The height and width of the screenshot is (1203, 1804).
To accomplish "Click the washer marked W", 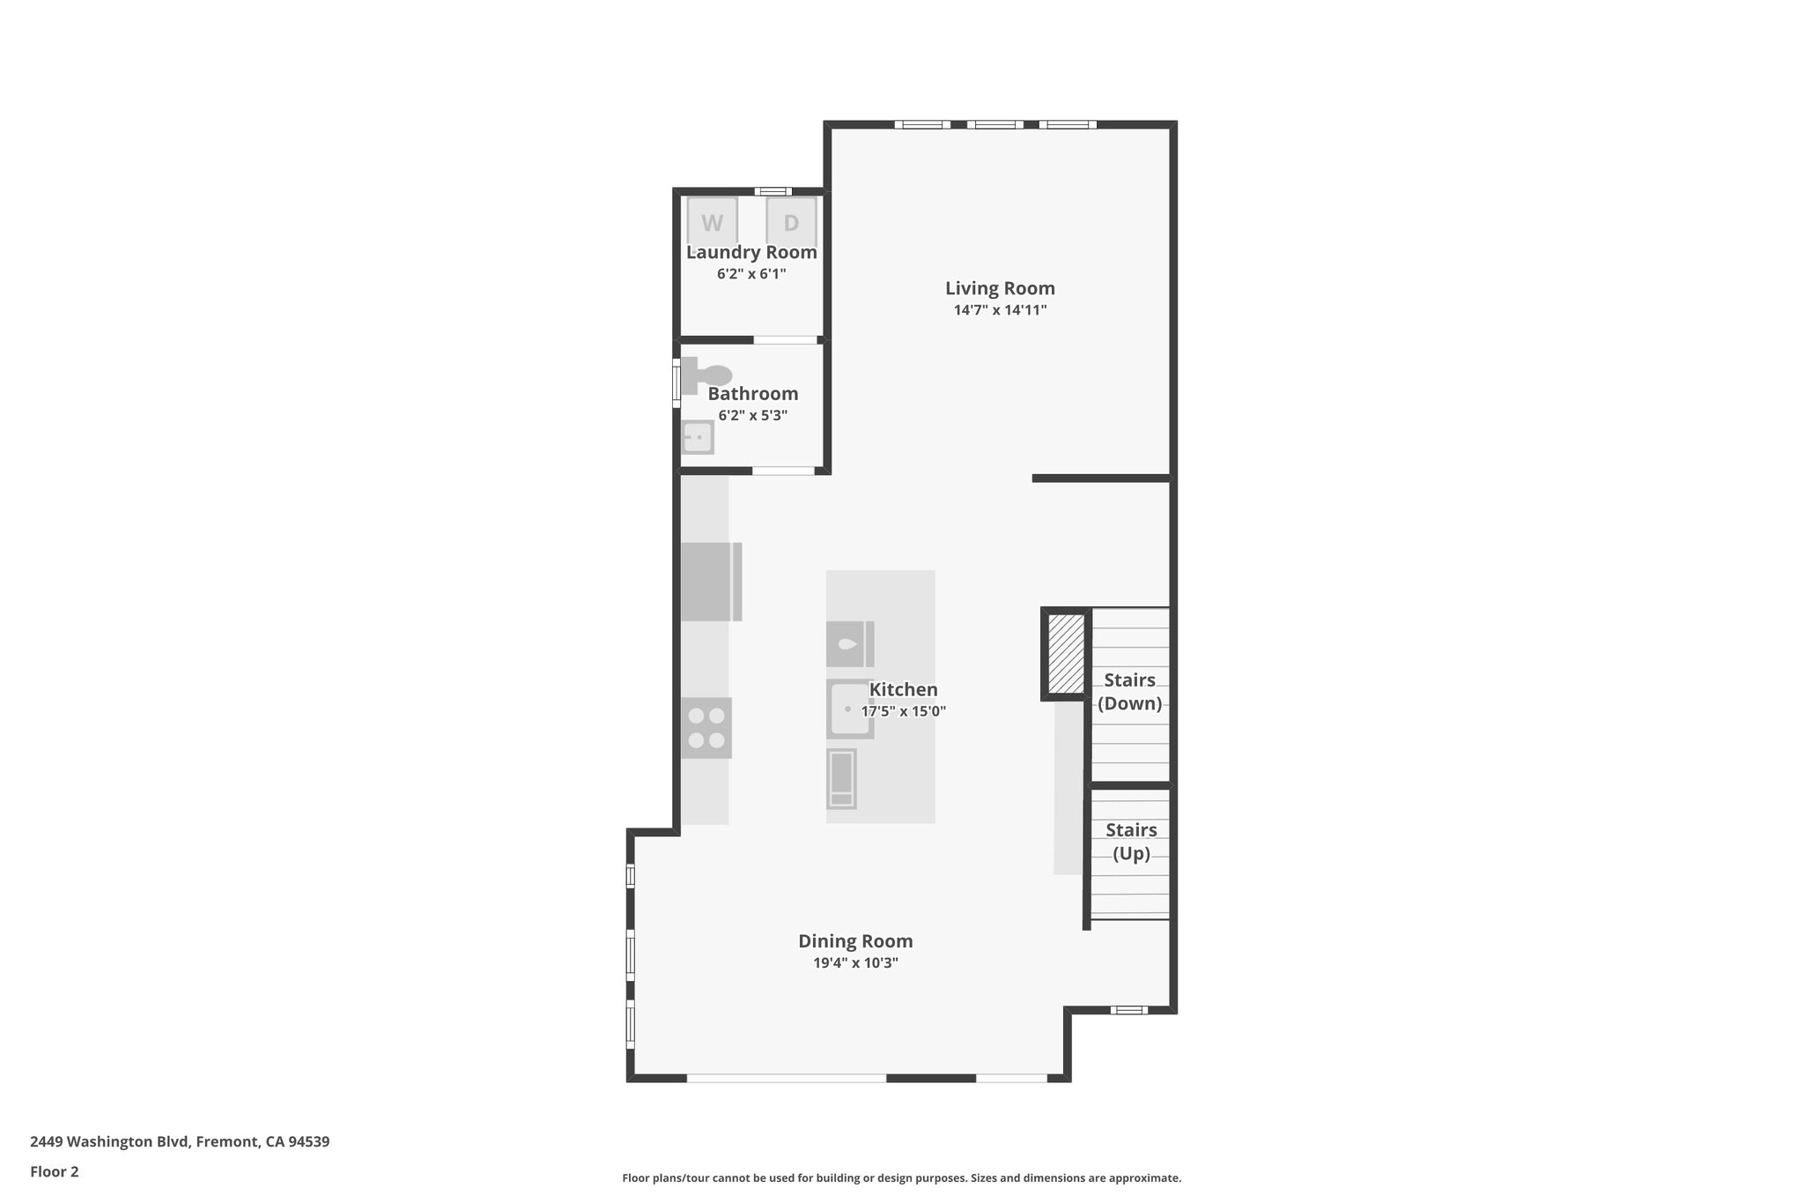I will pyautogui.click(x=712, y=221).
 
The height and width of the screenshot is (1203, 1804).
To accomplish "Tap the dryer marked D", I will pyautogui.click(x=791, y=221).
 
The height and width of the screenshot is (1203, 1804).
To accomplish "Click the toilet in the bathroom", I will pyautogui.click(x=706, y=375).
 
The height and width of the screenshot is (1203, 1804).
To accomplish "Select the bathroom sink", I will pyautogui.click(x=698, y=437).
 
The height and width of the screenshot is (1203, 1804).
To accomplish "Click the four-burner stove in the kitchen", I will pyautogui.click(x=706, y=728).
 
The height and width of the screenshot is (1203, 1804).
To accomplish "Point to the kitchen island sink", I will pyautogui.click(x=849, y=709).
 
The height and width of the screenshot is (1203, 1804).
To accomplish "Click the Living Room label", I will pyautogui.click(x=1000, y=288).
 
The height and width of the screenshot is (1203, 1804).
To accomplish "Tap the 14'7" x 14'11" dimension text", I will pyautogui.click(x=1000, y=310).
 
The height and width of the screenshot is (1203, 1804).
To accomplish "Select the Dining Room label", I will pyautogui.click(x=855, y=941).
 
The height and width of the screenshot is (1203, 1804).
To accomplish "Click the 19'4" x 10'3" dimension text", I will pyautogui.click(x=855, y=963).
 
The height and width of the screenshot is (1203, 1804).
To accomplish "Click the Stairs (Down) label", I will pyautogui.click(x=1130, y=692).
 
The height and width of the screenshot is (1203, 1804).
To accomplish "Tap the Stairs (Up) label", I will pyautogui.click(x=1131, y=842).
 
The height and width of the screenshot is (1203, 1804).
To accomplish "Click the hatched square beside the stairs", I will pyautogui.click(x=1067, y=654).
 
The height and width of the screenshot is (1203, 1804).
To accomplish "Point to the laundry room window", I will pyautogui.click(x=773, y=191).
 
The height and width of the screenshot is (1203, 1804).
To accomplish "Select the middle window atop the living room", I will pyautogui.click(x=994, y=124).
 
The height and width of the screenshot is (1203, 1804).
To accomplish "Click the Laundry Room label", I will pyautogui.click(x=751, y=252).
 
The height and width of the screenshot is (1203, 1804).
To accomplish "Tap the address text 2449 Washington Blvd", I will pyautogui.click(x=180, y=1141).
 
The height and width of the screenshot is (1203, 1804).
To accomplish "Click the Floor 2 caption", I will pyautogui.click(x=55, y=1171).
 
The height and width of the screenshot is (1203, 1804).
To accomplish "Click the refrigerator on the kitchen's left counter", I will pyautogui.click(x=710, y=582).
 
